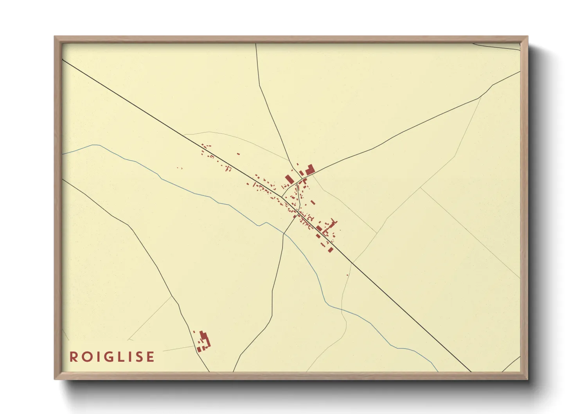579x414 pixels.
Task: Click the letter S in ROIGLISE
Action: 138,357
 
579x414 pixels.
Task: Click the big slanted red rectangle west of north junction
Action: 289,179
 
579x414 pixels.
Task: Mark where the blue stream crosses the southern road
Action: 284,234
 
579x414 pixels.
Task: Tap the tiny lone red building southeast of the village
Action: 347,275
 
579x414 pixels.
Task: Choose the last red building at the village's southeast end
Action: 331,250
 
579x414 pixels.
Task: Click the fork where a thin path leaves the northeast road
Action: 480,97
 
